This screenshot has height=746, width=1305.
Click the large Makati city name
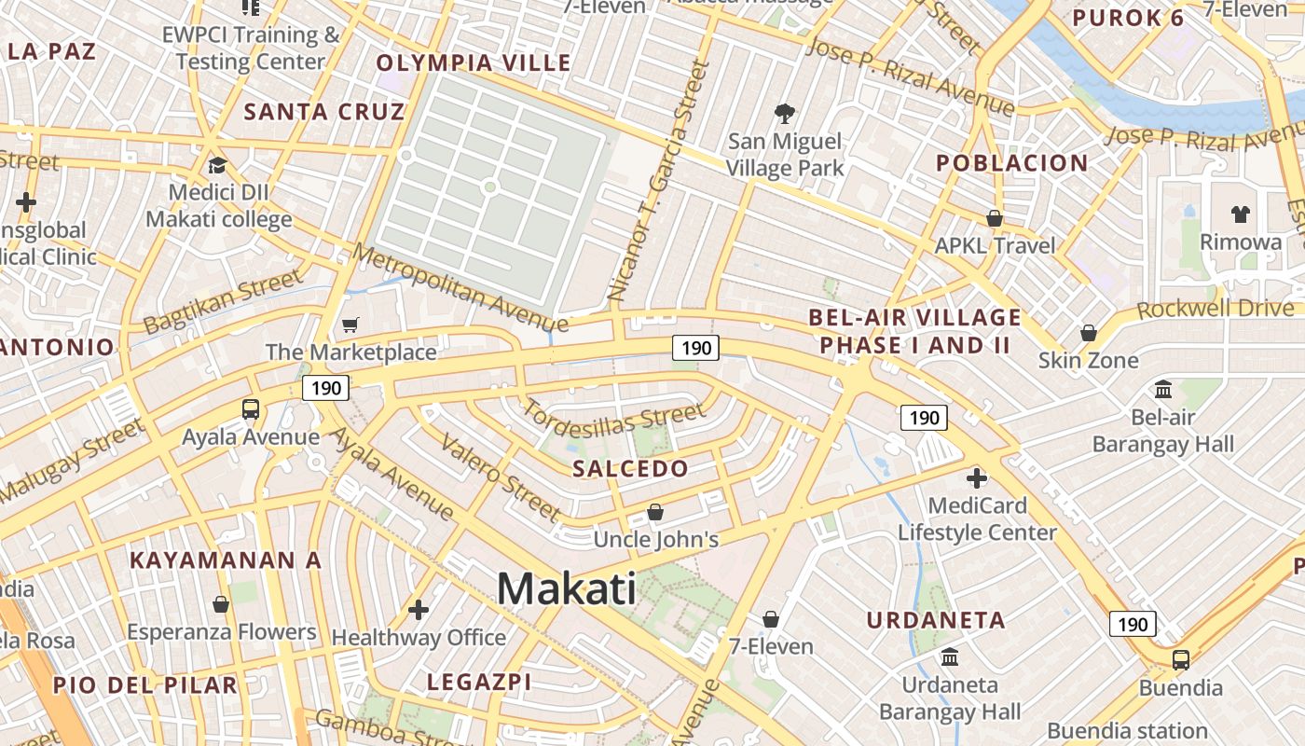point(567,589)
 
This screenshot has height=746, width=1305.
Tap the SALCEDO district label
point(630,468)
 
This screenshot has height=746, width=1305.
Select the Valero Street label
point(501,477)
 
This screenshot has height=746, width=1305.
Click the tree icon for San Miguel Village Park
point(785,114)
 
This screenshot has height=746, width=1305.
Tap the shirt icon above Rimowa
point(1240,214)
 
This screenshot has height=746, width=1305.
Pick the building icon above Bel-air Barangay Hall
point(1163,389)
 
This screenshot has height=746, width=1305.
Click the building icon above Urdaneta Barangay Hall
point(950,656)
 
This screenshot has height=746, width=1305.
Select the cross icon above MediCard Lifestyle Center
point(977,478)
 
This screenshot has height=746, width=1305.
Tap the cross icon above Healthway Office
point(419,610)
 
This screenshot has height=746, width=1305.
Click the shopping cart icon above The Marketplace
point(350,325)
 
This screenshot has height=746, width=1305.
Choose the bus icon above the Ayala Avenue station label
point(250,408)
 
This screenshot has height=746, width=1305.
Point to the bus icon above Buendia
point(1181,660)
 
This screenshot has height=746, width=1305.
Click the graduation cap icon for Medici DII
point(218,165)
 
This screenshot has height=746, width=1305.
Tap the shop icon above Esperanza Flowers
point(221,604)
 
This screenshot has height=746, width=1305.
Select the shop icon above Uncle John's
point(655,512)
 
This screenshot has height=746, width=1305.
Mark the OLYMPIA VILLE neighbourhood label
point(474,63)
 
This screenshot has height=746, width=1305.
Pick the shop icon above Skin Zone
point(1088,333)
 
